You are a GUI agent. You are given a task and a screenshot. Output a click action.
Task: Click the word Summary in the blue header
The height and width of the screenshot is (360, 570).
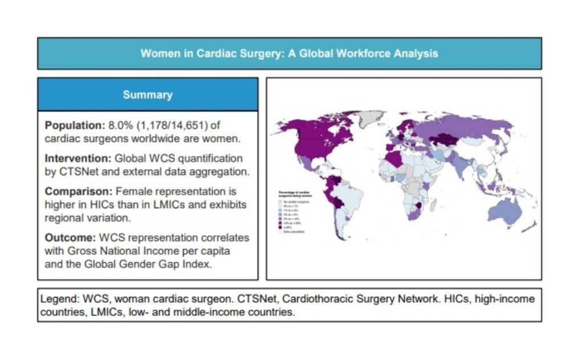pyautogui.click(x=147, y=95)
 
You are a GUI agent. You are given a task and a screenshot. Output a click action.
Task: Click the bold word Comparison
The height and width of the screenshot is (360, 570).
pyautogui.click(x=72, y=191)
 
